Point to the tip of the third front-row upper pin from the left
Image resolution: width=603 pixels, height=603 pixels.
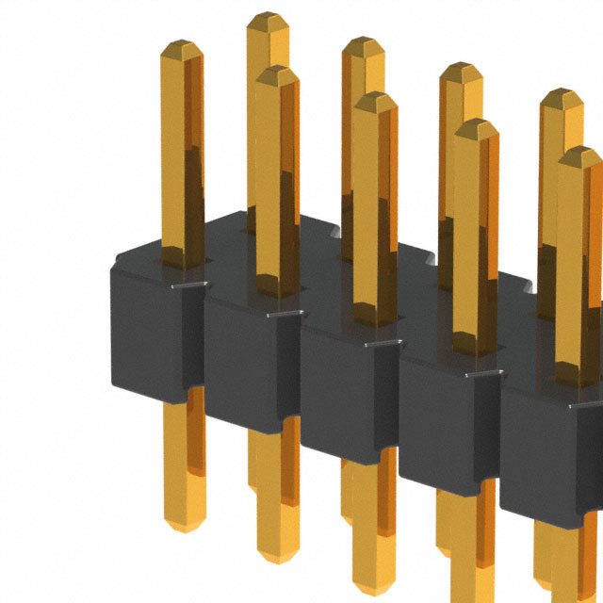pos(376,99)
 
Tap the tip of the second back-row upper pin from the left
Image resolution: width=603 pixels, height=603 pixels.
pos(363,45)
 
